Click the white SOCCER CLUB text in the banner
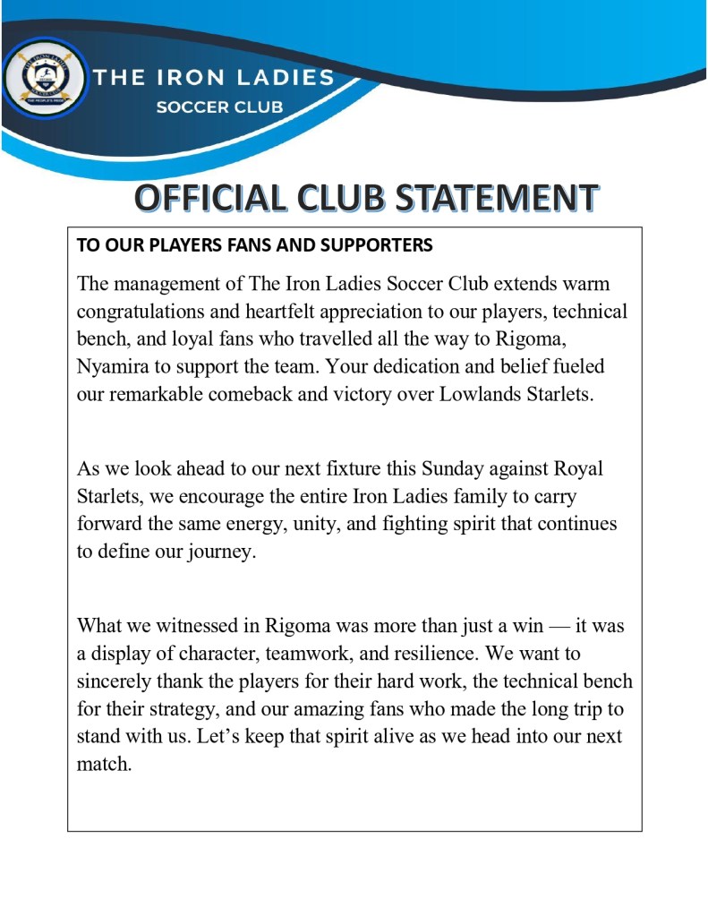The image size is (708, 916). (x=219, y=107)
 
